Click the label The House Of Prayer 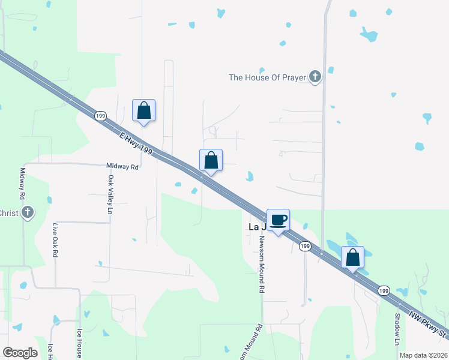pos(267,77)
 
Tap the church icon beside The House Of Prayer pos(315,77)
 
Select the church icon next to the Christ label pos(26,212)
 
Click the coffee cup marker pos(277,220)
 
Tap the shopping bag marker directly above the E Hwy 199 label pos(143,111)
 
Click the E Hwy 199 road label pos(134,144)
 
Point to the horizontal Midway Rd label pos(122,166)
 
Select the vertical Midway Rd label pos(22,183)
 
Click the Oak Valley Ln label pos(110,194)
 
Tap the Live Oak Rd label pos(55,240)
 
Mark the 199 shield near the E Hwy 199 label pos(100,115)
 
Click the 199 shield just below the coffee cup pos(305,247)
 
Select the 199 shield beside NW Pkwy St pos(384,290)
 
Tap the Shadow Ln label pos(397,329)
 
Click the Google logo pos(20,353)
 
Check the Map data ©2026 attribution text pos(423,355)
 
